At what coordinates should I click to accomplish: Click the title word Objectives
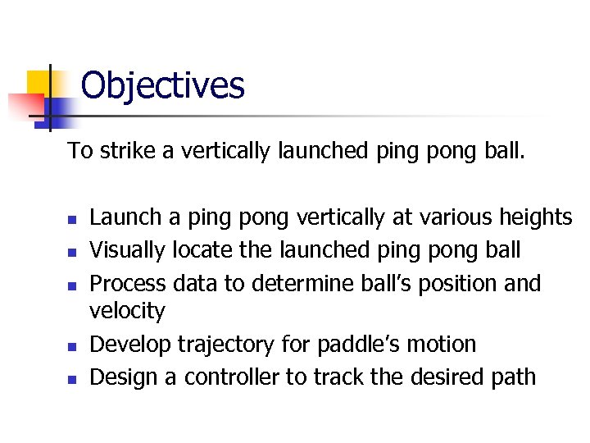point(162,85)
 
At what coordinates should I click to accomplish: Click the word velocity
point(127,311)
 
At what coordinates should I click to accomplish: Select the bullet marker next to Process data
point(71,285)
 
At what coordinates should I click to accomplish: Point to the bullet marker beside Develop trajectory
point(71,346)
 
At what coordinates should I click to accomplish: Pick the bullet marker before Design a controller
point(71,379)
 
